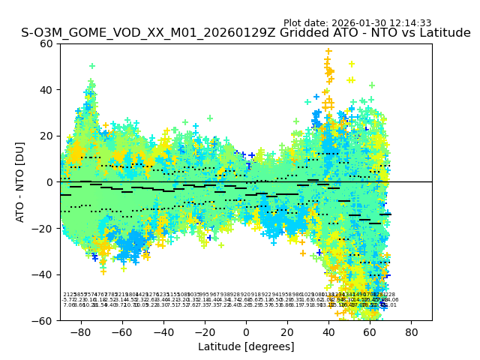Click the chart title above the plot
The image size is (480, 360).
coord(246,34)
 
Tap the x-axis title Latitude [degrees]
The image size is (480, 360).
coord(246,346)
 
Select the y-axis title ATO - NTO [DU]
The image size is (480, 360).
coord(21,182)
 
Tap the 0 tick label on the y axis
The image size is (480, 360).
coord(50,182)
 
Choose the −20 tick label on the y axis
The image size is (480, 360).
coord(44,228)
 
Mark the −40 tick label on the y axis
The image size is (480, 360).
coord(44,274)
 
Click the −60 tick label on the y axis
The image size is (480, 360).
coord(44,320)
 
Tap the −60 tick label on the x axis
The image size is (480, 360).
coord(121,331)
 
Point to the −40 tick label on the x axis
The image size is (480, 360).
coord(163,331)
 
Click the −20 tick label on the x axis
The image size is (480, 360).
coord(204,331)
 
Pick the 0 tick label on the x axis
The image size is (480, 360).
coord(246,331)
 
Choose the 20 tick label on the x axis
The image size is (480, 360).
coord(287,331)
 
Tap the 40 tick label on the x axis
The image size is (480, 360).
coord(328,331)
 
